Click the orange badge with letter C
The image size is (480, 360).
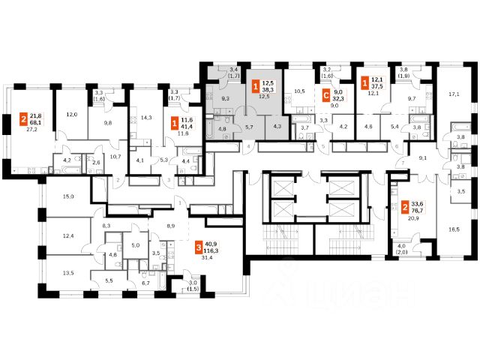click(325, 96)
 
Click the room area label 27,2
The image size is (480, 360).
click(32, 128)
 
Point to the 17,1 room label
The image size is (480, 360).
click(454, 95)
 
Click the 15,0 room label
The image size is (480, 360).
click(69, 196)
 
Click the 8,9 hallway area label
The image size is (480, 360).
click(171, 225)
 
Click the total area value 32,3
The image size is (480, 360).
click(338, 99)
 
